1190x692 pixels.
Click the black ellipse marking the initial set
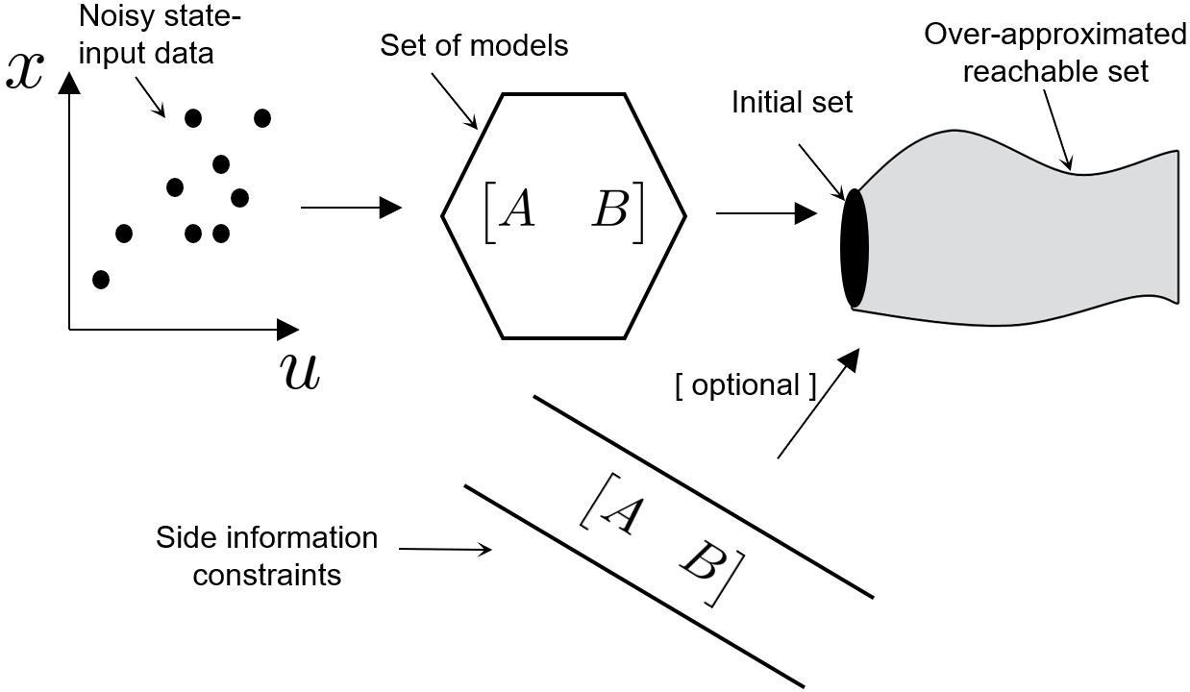(854, 249)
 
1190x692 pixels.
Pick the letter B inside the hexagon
(610, 210)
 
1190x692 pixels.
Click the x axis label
(28, 70)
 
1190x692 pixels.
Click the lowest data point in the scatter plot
(101, 279)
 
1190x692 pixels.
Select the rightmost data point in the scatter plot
(261, 117)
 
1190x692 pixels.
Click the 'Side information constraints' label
(266, 556)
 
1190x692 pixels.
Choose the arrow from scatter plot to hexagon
(351, 207)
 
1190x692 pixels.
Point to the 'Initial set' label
(791, 103)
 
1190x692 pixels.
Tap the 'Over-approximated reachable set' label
(1054, 53)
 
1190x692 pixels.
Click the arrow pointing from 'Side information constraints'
(444, 550)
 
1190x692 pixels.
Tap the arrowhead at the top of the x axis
(68, 84)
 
